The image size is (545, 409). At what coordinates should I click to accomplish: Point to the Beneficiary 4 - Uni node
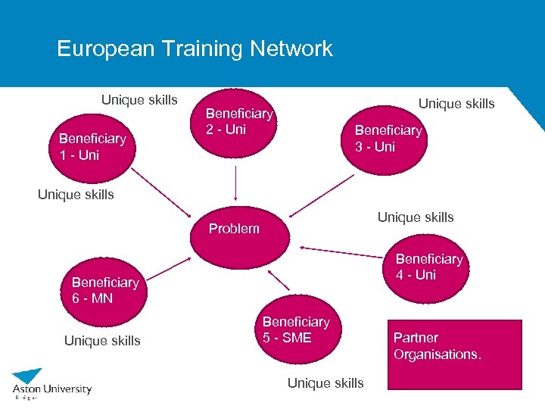(x=428, y=267)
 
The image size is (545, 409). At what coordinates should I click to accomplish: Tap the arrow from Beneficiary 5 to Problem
(x=278, y=279)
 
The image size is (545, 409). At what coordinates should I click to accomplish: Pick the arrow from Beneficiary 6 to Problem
(x=170, y=267)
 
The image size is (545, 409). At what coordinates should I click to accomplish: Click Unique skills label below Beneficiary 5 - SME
(x=325, y=383)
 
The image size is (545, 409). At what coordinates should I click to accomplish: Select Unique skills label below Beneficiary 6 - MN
(x=102, y=341)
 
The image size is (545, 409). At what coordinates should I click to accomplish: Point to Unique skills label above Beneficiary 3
(x=456, y=104)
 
